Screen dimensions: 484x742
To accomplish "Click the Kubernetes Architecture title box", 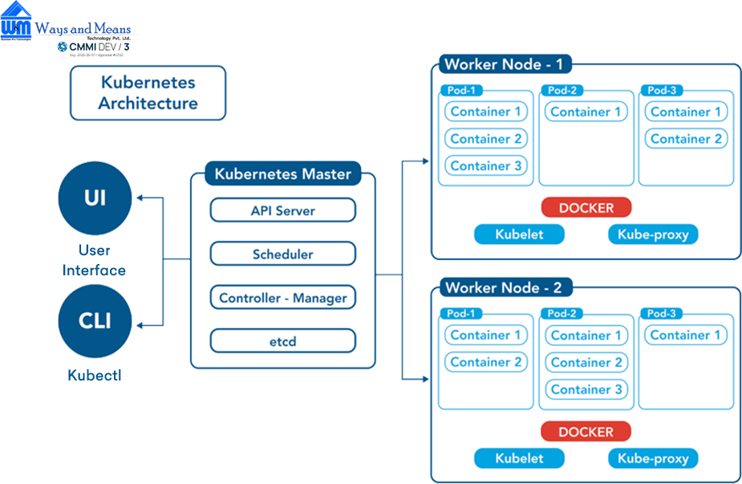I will point(148,92).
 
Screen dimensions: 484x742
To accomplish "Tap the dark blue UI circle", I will point(95,197).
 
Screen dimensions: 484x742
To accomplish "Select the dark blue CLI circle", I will point(95,321).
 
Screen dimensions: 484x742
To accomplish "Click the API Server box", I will point(282,210).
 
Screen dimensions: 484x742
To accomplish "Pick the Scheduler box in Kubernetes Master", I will point(282,254).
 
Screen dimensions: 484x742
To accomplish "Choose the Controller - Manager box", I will point(282,298).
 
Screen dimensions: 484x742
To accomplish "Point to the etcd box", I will point(282,341).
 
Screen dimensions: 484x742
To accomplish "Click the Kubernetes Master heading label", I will point(282,173).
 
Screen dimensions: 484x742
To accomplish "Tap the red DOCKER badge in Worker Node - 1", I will point(586,208).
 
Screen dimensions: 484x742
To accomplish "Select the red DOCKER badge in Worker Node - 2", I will point(586,432).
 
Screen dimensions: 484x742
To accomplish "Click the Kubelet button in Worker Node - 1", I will point(519,234).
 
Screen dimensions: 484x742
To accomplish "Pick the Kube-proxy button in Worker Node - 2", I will point(653,458).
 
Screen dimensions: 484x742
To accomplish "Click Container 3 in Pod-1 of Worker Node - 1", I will point(485,166).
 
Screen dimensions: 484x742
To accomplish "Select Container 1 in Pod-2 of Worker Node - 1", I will point(586,112).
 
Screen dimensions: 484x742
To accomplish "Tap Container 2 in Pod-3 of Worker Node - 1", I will point(686,139).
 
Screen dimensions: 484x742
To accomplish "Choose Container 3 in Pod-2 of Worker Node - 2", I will point(586,390).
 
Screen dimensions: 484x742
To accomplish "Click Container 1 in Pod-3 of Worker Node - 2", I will point(686,336).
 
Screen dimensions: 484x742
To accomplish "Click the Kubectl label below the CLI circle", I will point(95,375).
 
